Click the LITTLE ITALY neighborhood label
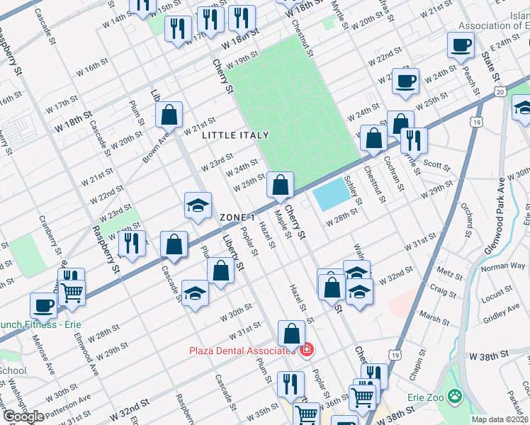click(235, 135)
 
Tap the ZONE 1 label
click(237, 217)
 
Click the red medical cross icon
click(306, 351)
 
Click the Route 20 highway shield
click(500, 92)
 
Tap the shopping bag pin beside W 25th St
click(281, 186)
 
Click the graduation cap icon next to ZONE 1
click(198, 206)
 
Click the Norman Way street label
click(503, 266)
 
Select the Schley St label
click(353, 191)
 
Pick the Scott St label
click(437, 164)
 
